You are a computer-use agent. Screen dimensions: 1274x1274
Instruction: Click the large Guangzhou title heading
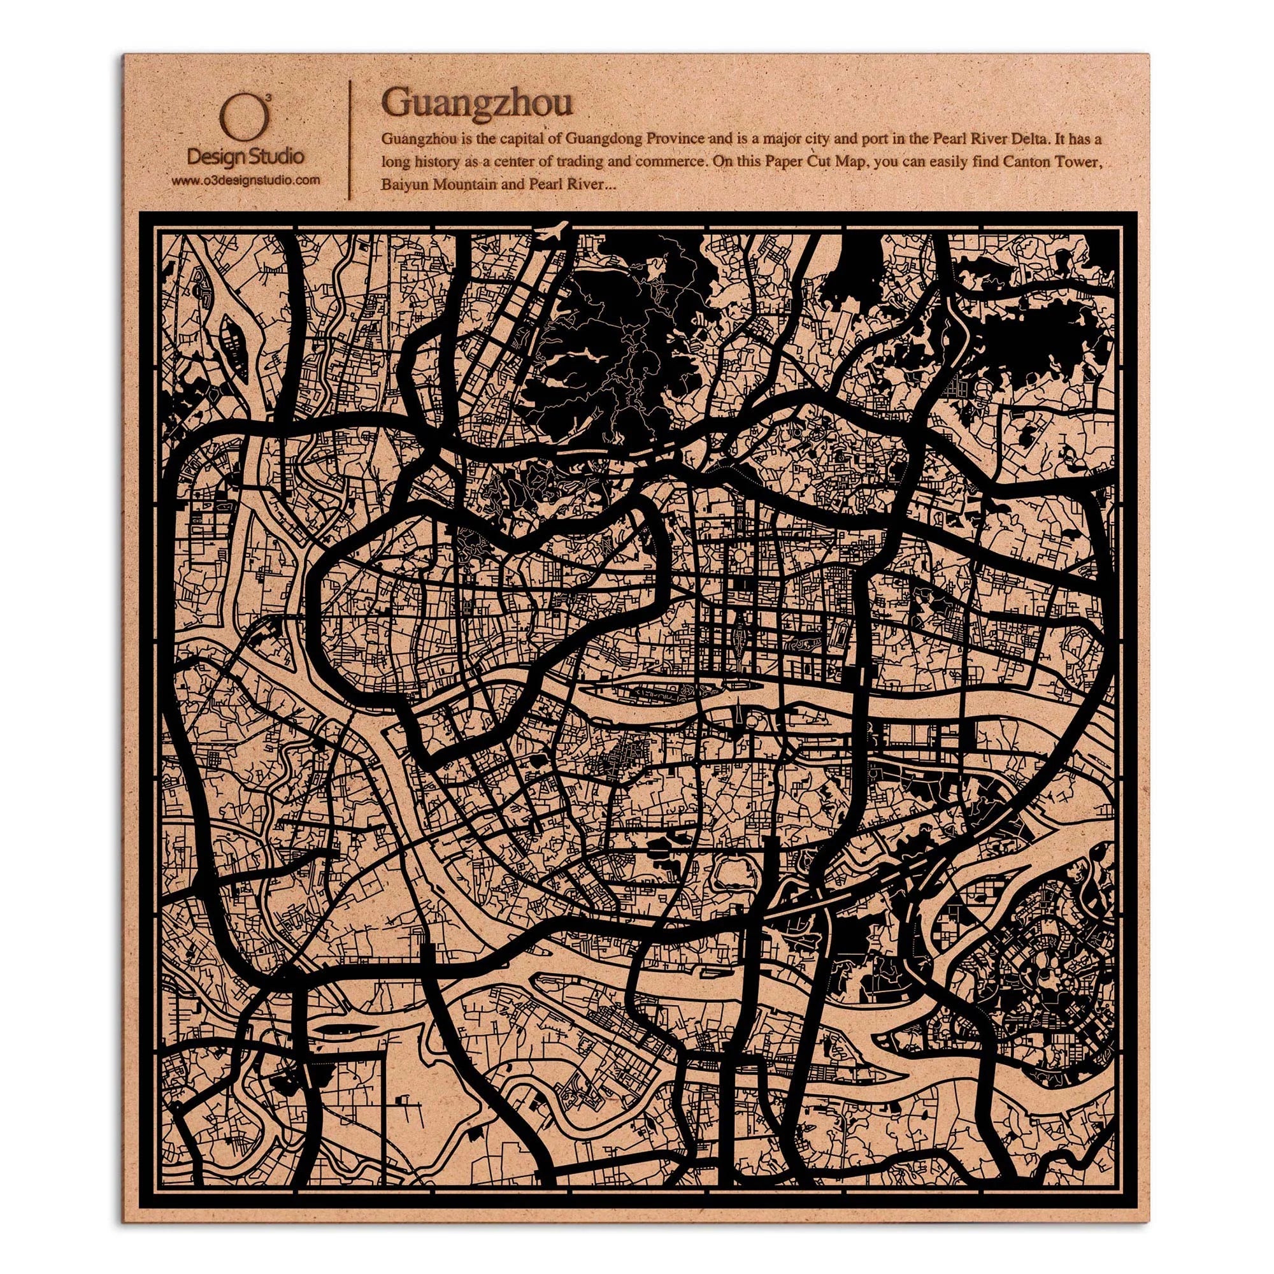click(476, 103)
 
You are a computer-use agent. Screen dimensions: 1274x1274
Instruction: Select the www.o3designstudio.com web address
click(245, 179)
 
